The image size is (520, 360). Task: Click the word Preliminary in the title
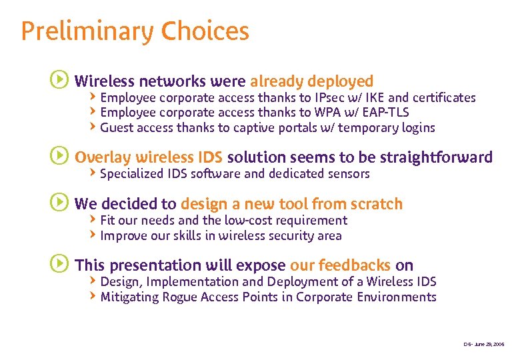78,31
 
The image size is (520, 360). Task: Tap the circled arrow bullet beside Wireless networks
59,81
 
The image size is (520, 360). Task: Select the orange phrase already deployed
311,81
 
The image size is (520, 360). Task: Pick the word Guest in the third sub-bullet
117,127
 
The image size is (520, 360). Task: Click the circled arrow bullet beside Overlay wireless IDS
59,157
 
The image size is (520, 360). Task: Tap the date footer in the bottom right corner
485,344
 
